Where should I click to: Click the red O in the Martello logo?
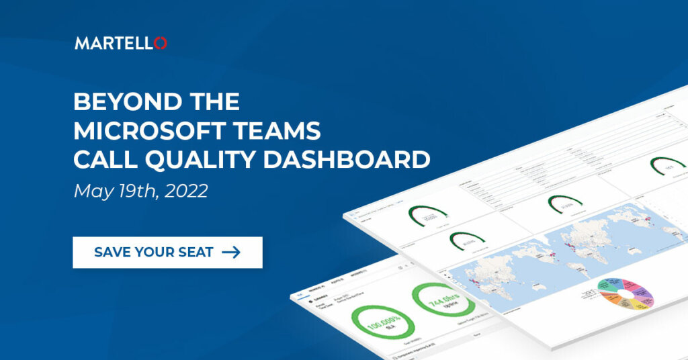[160, 43]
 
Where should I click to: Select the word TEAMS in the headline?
[281, 130]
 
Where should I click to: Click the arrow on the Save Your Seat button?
[231, 253]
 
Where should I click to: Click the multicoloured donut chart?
[625, 298]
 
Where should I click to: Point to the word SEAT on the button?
[197, 253]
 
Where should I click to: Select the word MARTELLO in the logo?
[114, 43]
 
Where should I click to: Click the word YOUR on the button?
[155, 253]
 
